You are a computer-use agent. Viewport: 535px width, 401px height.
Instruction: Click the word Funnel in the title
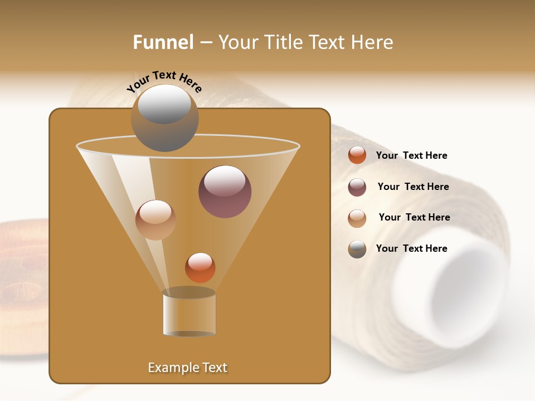pos(163,42)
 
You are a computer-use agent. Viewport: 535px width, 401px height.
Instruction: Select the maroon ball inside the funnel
pos(225,192)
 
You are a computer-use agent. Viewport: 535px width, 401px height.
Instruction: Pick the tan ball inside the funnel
pos(155,220)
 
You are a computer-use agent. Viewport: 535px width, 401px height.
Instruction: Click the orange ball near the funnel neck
pos(200,267)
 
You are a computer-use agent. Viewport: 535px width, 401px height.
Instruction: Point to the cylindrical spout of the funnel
pos(189,314)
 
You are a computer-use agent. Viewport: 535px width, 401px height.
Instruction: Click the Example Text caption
pos(188,368)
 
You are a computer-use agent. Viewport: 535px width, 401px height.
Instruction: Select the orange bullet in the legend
pos(357,155)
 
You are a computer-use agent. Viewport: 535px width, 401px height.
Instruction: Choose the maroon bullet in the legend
pos(357,187)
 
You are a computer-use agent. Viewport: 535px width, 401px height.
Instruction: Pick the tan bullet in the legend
pos(357,218)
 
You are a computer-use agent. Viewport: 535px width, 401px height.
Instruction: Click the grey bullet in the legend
pos(357,249)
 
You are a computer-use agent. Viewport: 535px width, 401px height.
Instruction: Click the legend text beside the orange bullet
pos(411,155)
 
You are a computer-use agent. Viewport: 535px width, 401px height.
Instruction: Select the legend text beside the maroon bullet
pos(413,187)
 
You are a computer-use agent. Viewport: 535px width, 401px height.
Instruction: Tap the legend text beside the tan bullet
pos(414,217)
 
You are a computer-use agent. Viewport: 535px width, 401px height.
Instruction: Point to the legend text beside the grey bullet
pos(411,248)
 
